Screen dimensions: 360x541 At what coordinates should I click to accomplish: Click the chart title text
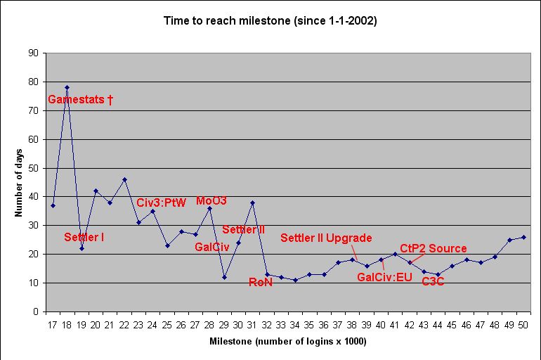coord(270,21)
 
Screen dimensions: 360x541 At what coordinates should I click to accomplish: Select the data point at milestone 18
coord(67,88)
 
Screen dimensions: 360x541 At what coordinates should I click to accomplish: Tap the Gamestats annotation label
coord(80,100)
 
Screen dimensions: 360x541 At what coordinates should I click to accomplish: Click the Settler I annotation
coord(84,238)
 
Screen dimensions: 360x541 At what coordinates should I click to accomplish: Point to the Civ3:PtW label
coord(161,202)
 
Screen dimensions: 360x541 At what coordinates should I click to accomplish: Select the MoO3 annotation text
coord(211,201)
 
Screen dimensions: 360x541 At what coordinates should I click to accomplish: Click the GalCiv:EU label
coord(384,277)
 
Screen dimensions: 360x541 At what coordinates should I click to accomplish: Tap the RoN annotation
coord(261,282)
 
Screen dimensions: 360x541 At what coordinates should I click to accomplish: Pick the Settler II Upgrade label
coord(326,238)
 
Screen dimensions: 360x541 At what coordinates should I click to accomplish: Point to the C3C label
coord(433,282)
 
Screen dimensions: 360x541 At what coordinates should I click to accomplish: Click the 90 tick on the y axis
coord(34,53)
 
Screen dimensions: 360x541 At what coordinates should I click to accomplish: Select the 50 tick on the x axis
coord(524,325)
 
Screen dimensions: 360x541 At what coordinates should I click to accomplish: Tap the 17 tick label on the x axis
coord(53,325)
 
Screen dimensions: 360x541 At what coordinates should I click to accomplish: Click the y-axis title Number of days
coord(19,182)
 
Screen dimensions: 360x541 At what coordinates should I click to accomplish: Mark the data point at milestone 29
coord(224,277)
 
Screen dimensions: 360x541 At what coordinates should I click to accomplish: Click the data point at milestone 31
coord(252,202)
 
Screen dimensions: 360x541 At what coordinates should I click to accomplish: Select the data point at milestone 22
coord(124,179)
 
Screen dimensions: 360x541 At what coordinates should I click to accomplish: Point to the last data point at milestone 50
coord(524,237)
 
